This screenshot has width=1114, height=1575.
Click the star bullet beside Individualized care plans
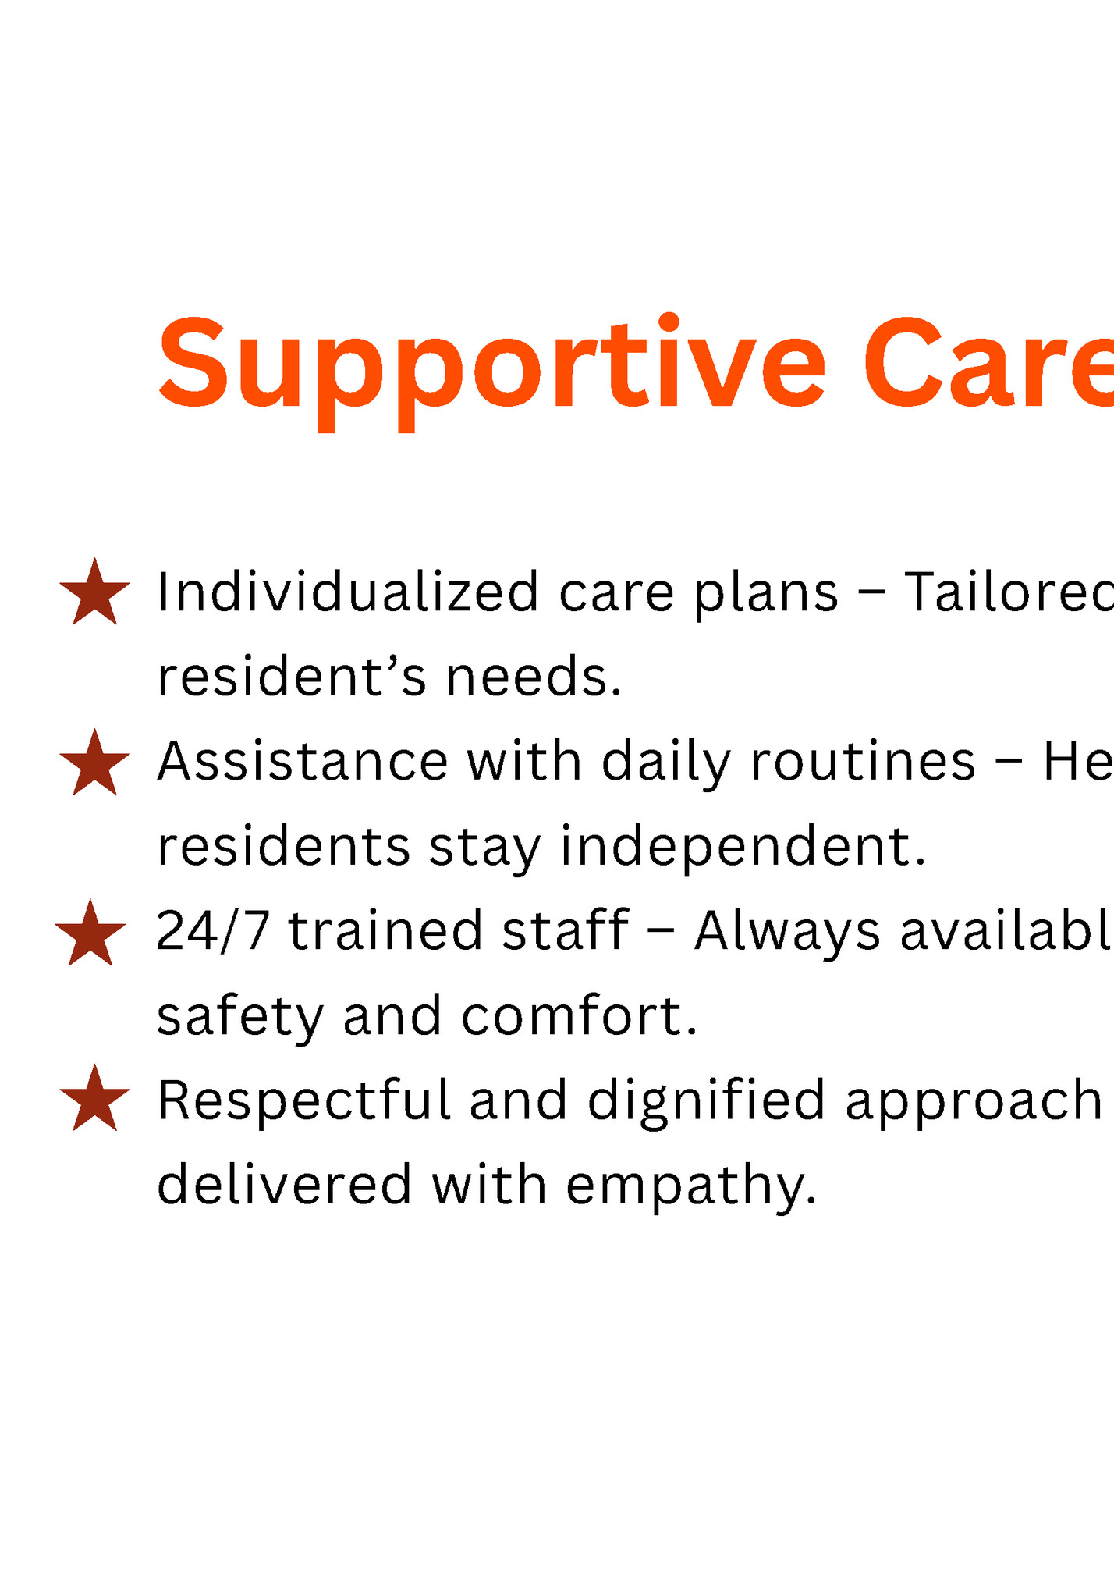pyautogui.click(x=94, y=594)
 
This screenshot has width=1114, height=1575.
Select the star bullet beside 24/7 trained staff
pyautogui.click(x=90, y=935)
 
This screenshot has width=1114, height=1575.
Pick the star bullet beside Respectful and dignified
pyautogui.click(x=94, y=1100)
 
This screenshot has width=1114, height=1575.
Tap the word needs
pyautogui.click(x=534, y=677)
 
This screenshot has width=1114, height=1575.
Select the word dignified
pyautogui.click(x=706, y=1101)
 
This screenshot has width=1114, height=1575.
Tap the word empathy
pyautogui.click(x=691, y=1187)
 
